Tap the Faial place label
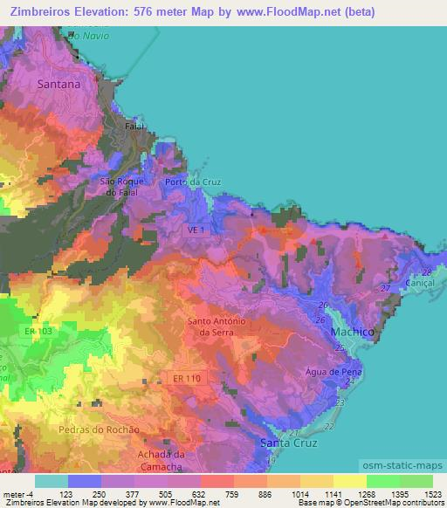(135, 126)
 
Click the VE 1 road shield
(196, 230)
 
